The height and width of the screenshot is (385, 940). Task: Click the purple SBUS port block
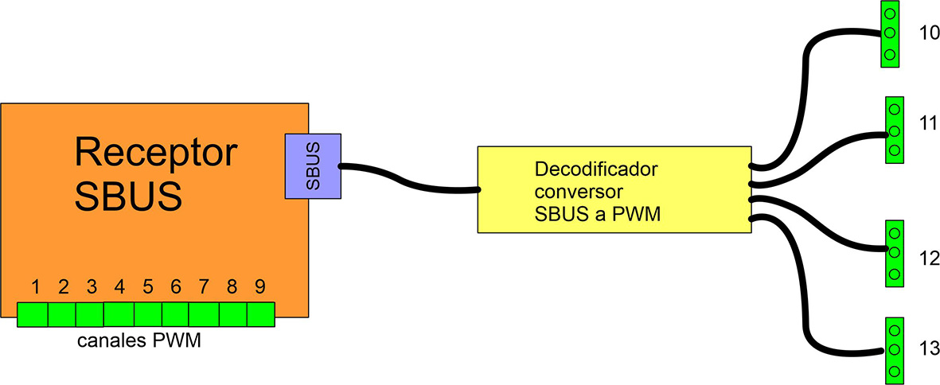(313, 166)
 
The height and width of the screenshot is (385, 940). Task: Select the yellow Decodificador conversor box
(614, 189)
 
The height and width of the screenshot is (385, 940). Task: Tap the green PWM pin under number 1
(33, 315)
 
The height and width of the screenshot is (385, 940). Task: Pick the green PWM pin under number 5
(148, 314)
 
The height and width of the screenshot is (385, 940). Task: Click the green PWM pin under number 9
(260, 314)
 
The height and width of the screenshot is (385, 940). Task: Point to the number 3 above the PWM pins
(92, 286)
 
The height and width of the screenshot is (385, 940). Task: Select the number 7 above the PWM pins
(204, 286)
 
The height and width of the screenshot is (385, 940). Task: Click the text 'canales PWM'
(138, 342)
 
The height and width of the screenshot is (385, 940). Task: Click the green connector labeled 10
(890, 33)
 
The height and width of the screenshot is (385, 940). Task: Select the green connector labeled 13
(894, 349)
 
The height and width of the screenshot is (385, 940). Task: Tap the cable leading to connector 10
(806, 87)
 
